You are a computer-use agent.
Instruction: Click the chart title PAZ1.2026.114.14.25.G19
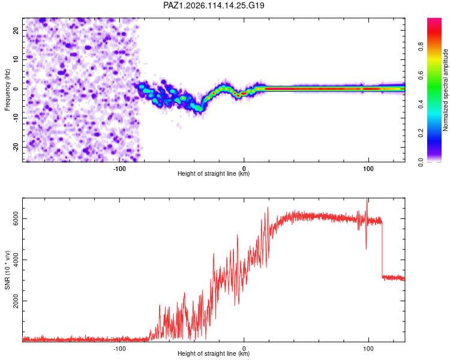click(214, 5)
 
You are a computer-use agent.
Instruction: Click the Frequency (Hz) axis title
click(7, 90)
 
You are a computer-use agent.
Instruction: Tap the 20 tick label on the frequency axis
click(16, 30)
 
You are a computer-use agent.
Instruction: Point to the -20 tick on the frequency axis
click(16, 147)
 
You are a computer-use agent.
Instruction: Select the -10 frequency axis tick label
click(16, 118)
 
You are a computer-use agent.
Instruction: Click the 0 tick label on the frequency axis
click(16, 89)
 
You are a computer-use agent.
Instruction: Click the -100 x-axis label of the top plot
click(119, 169)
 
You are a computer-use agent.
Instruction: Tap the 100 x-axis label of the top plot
click(368, 169)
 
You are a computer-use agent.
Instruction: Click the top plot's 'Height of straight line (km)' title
click(214, 173)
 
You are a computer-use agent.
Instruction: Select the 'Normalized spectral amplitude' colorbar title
click(445, 90)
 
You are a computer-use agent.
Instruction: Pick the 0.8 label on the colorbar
click(421, 46)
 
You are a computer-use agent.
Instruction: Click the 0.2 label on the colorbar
click(421, 133)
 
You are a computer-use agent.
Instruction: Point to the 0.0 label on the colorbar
click(421, 162)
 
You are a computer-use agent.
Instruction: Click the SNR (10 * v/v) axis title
click(7, 270)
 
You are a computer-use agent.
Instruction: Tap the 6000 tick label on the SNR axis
click(16, 219)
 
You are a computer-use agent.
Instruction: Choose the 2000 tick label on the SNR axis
click(16, 301)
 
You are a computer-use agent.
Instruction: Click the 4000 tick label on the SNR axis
click(16, 260)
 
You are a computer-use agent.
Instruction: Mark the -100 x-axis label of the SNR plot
click(119, 349)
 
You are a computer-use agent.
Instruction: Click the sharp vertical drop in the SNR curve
click(382, 250)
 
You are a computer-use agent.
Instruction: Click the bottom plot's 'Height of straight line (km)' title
click(214, 353)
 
